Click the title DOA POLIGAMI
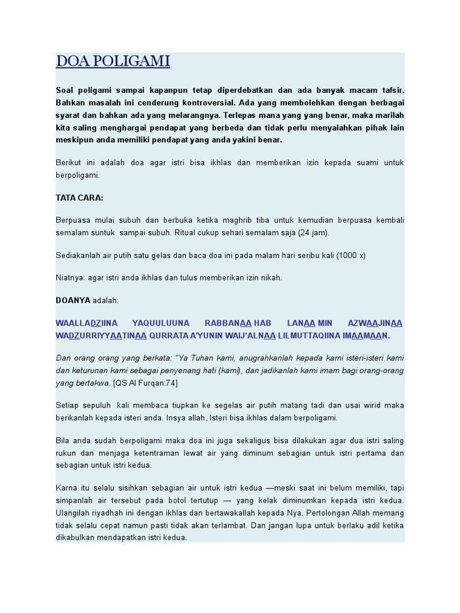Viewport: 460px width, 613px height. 113,62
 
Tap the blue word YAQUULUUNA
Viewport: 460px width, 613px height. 161,323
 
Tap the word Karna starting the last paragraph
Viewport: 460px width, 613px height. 66,488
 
